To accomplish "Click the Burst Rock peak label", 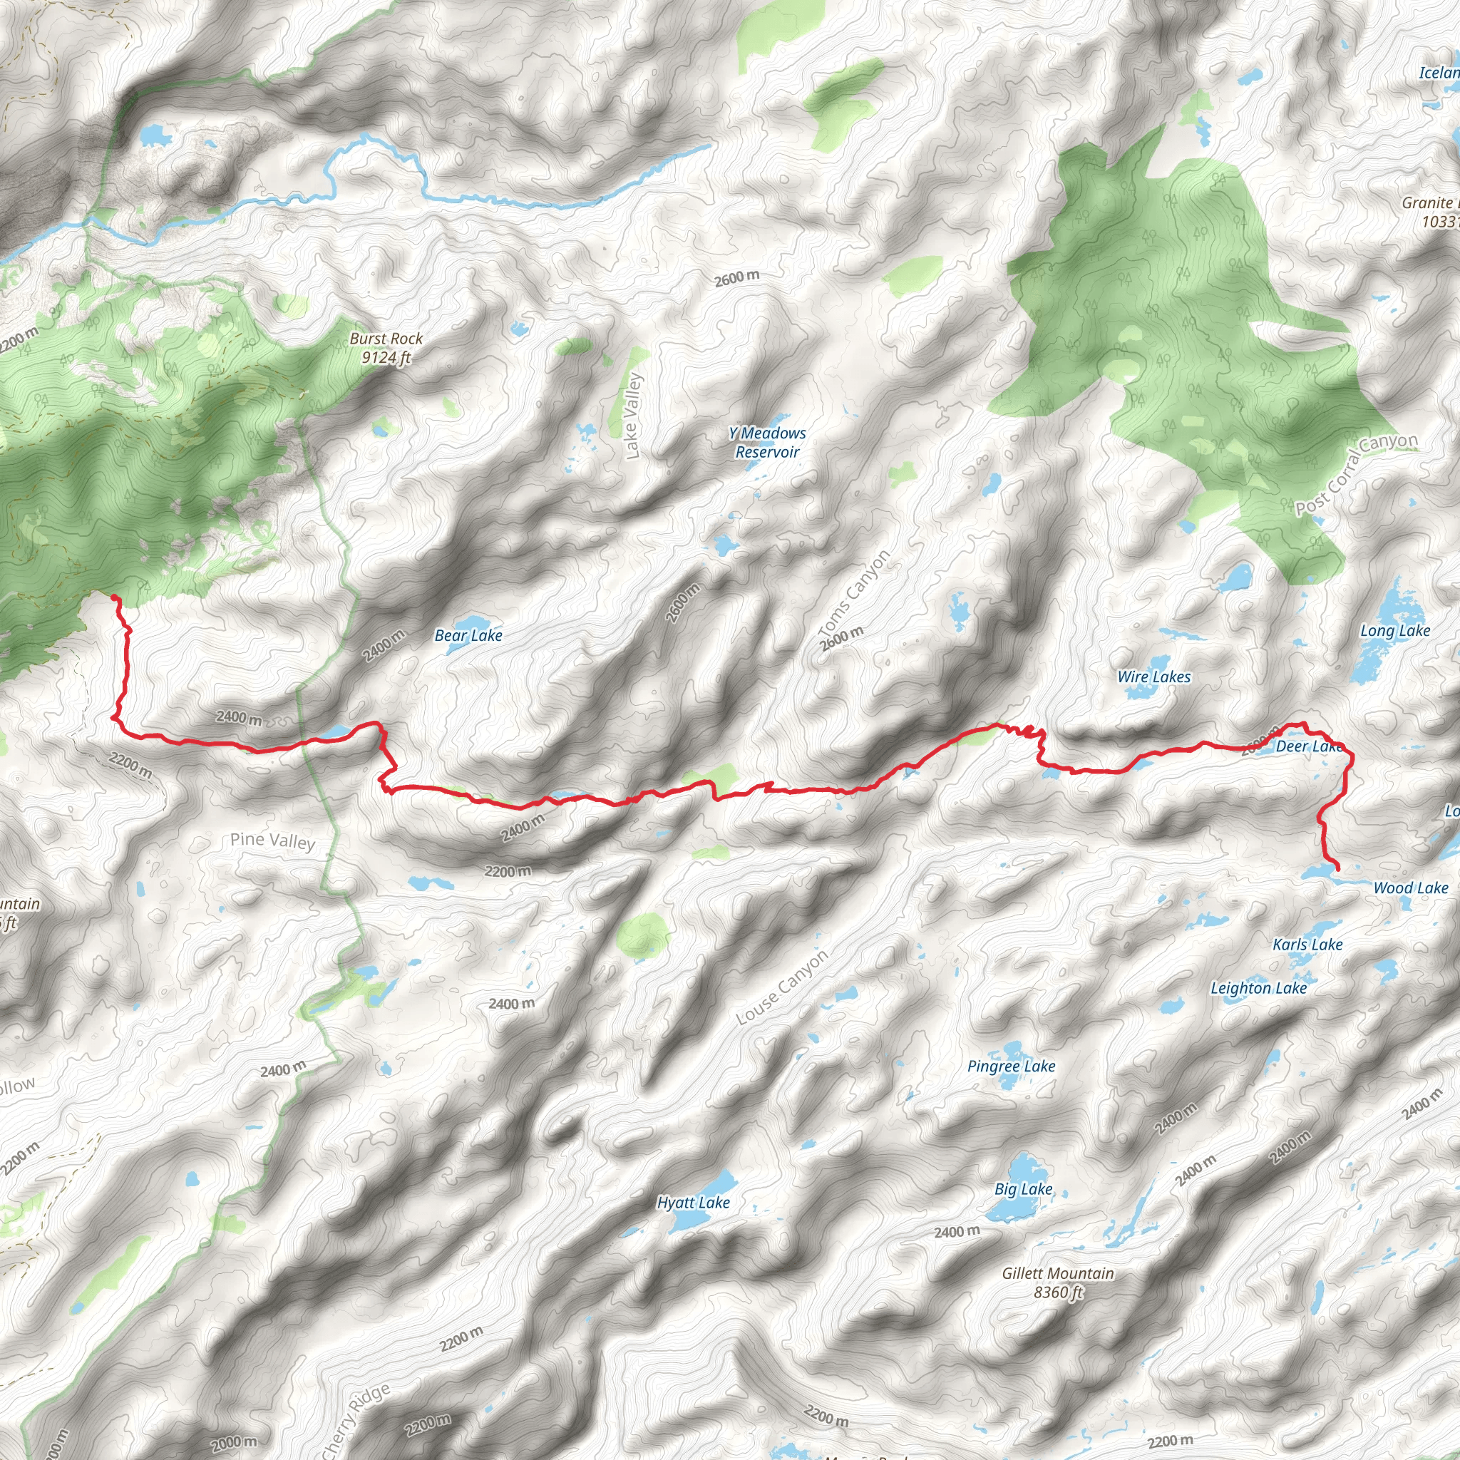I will [386, 348].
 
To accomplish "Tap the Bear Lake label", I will [468, 635].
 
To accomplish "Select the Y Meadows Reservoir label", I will [767, 442].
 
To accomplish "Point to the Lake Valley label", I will [632, 416].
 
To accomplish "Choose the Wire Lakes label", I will [1153, 677].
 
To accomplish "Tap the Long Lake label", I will [1394, 631].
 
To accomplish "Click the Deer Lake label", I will [1308, 746].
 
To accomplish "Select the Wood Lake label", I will [1410, 888].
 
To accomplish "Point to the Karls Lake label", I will [1307, 945].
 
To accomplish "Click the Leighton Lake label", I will [1258, 989].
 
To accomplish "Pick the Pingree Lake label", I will [1011, 1066].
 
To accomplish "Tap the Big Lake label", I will [1023, 1190].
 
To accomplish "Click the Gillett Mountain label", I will [1057, 1282].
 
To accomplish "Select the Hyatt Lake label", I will [693, 1203].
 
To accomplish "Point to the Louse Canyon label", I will [781, 987].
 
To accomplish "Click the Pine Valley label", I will [272, 840].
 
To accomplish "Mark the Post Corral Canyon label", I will [1356, 474].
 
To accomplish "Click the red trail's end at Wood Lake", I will [1338, 870].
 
